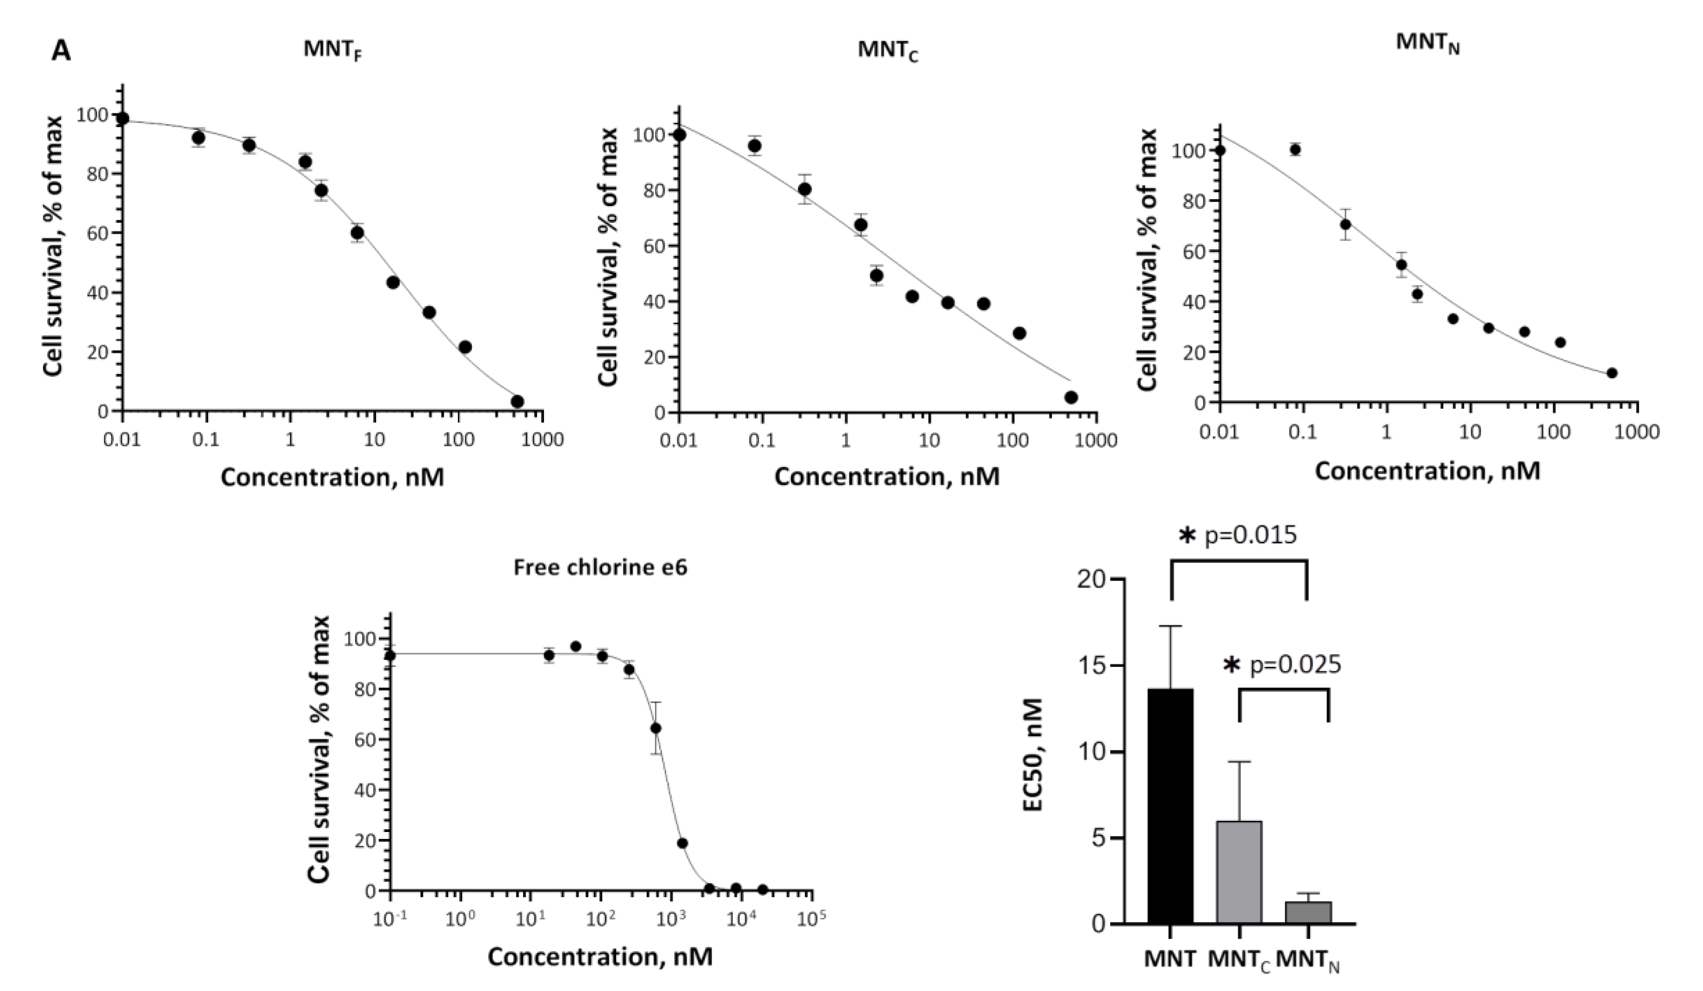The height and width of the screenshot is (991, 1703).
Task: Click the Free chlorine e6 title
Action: click(600, 568)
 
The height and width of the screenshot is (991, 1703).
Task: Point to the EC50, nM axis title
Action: click(1035, 754)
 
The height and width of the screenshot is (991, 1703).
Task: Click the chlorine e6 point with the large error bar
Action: click(655, 728)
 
